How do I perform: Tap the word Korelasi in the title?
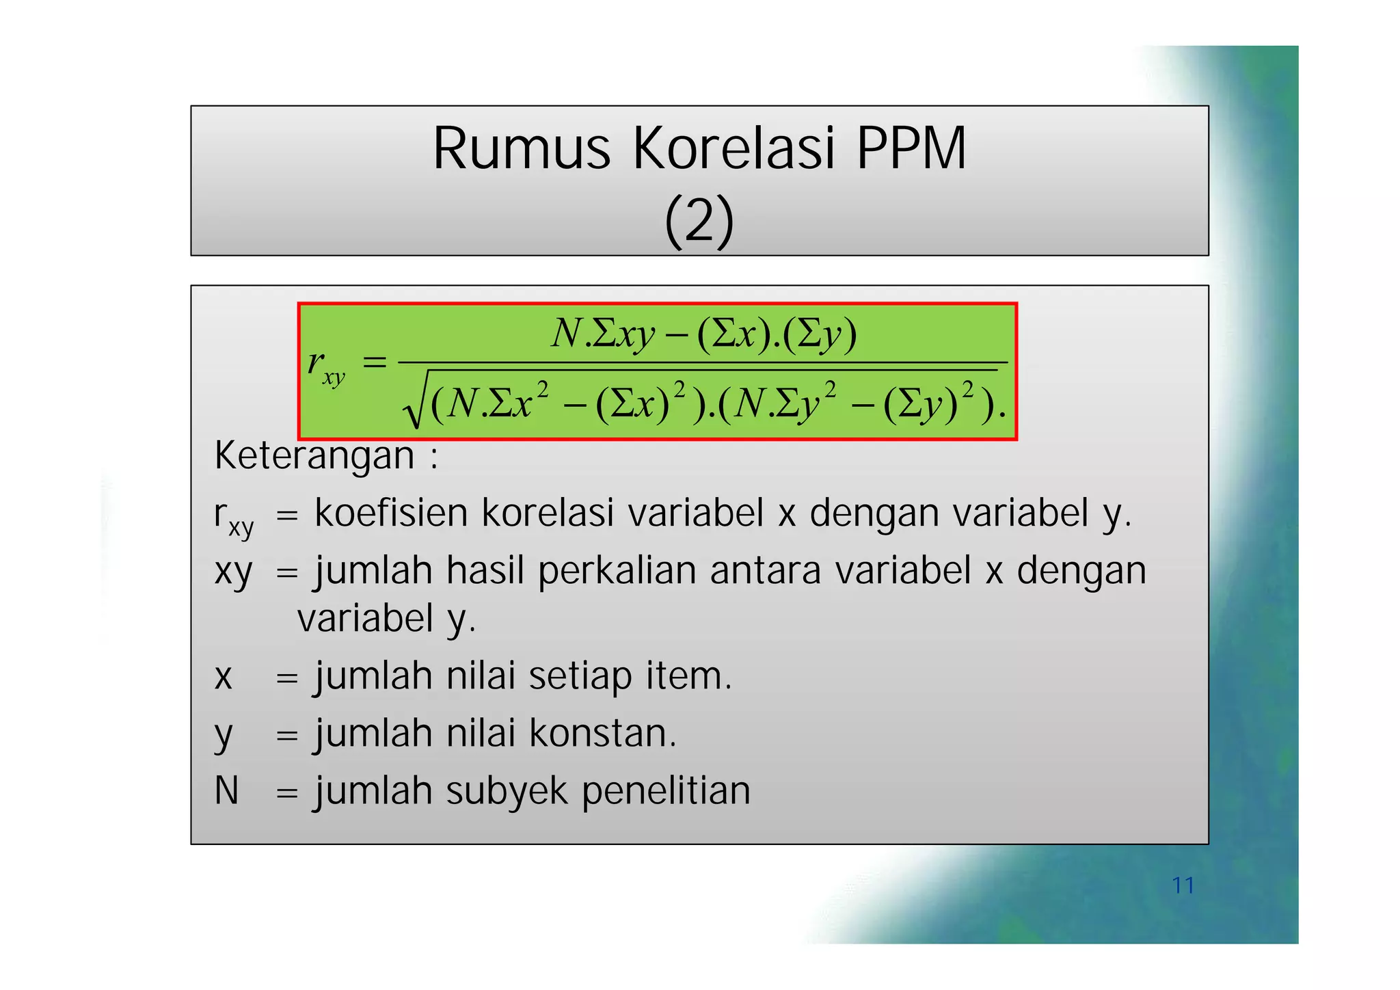(732, 149)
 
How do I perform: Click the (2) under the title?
(699, 221)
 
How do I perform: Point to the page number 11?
(1183, 885)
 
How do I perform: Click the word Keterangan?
(314, 456)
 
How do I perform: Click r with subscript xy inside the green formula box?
(325, 366)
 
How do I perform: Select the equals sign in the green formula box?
(374, 362)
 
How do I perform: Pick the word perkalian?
(617, 572)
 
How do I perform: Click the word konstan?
(602, 734)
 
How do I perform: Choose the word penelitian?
(666, 792)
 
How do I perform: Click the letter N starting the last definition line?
(226, 792)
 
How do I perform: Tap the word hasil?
(485, 572)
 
